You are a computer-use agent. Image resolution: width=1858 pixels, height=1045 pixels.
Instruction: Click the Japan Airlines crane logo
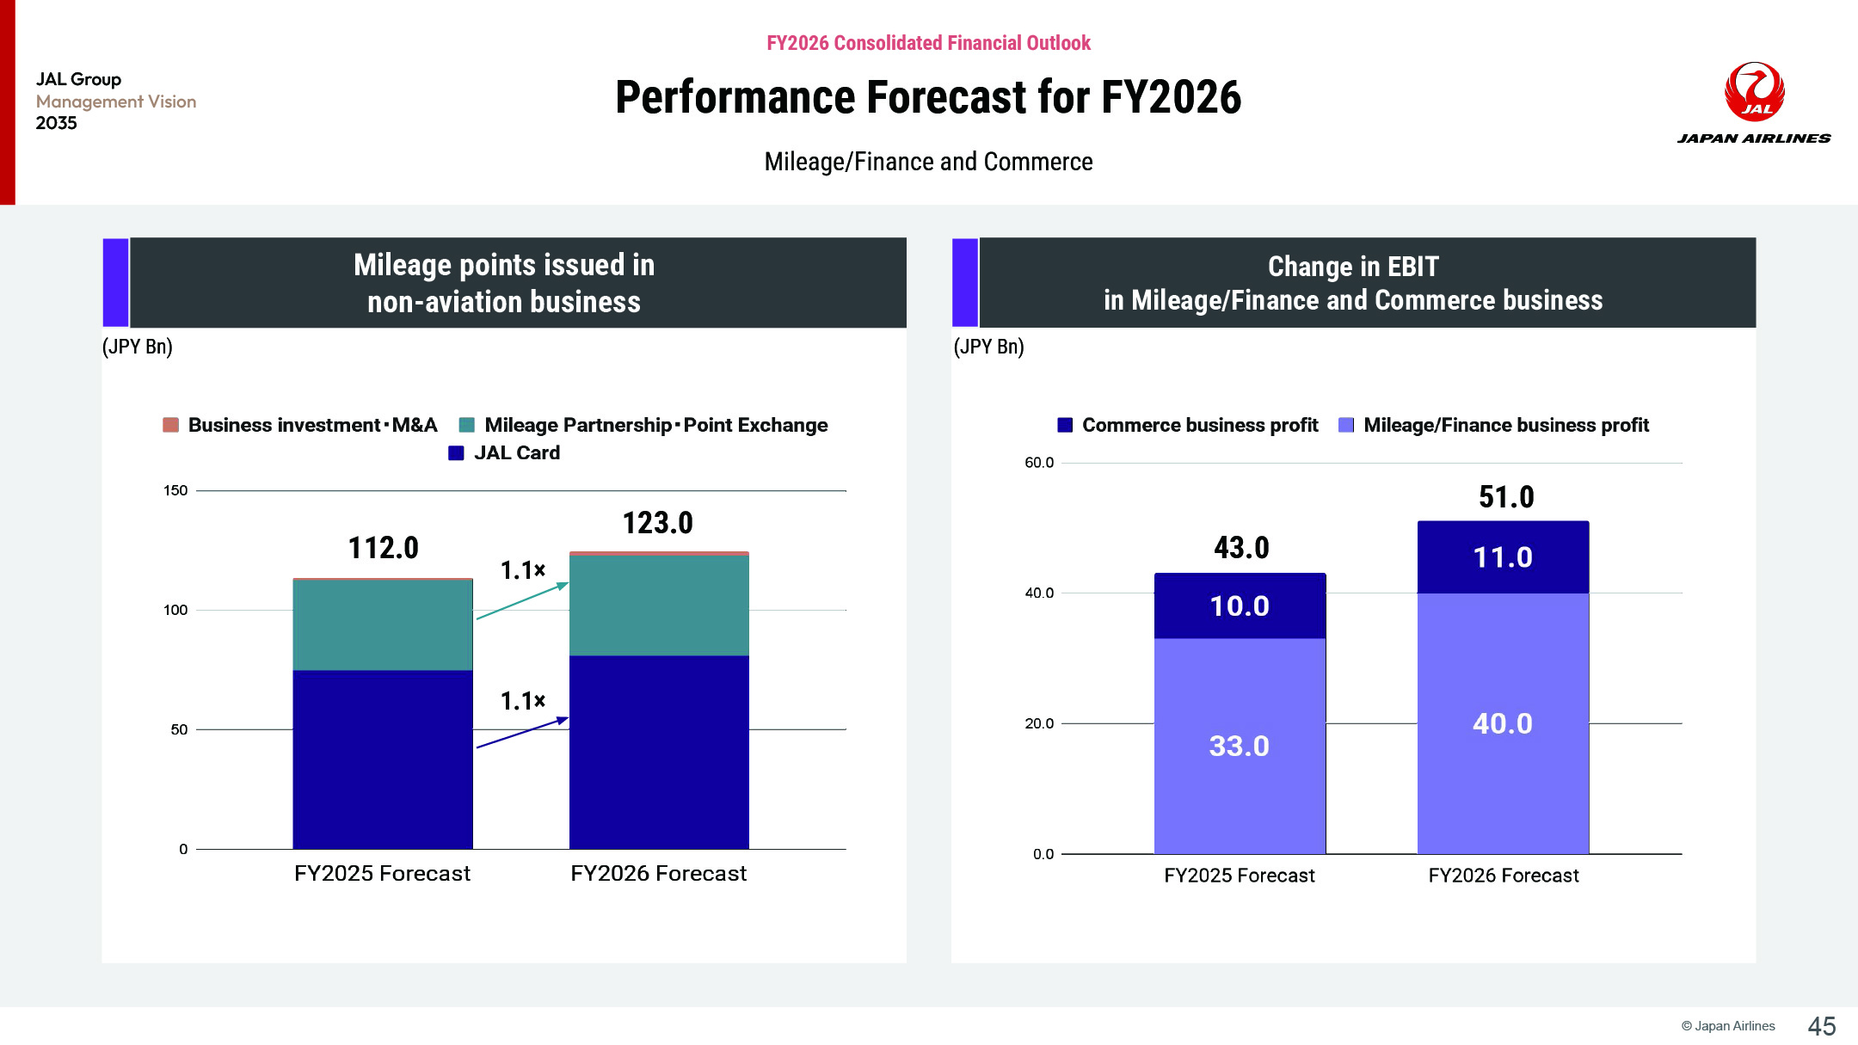click(x=1754, y=91)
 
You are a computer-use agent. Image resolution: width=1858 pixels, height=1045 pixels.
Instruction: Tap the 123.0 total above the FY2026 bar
click(x=657, y=523)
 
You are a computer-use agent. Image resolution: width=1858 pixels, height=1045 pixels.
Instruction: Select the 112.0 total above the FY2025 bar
click(x=383, y=548)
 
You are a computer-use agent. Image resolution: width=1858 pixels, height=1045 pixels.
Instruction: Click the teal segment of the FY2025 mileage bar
click(x=383, y=625)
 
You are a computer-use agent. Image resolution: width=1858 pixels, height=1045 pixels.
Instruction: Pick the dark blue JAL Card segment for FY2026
click(x=659, y=752)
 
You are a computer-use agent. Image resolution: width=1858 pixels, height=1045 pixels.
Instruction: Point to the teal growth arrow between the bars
click(x=522, y=600)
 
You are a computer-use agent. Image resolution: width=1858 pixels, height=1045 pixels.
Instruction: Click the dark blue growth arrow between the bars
click(x=522, y=732)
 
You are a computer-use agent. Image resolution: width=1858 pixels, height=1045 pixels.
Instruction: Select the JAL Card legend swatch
click(x=457, y=453)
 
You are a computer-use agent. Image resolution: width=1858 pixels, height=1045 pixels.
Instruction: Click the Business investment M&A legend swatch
click(x=171, y=425)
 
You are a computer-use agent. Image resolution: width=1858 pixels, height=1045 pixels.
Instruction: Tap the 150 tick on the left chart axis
click(x=175, y=490)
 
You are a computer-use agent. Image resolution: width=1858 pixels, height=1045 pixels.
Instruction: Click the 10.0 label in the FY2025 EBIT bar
click(x=1240, y=606)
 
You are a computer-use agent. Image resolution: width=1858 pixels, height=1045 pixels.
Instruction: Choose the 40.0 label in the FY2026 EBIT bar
click(x=1503, y=723)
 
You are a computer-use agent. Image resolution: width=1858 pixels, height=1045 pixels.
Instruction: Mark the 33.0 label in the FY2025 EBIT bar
click(x=1240, y=746)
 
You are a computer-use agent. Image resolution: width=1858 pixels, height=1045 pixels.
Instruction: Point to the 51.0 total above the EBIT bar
click(x=1506, y=497)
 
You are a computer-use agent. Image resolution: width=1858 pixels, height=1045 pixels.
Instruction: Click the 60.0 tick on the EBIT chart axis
click(x=1039, y=463)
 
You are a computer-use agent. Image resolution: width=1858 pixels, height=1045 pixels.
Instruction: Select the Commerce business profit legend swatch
click(x=1065, y=425)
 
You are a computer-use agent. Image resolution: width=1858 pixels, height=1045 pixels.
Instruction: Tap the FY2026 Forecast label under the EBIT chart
click(x=1504, y=876)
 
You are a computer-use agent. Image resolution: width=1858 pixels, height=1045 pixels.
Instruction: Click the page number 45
click(x=1822, y=1026)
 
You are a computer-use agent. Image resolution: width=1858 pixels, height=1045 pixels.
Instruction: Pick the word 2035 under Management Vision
click(x=57, y=123)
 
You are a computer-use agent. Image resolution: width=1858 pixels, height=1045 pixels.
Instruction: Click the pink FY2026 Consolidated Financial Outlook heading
click(x=928, y=43)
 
